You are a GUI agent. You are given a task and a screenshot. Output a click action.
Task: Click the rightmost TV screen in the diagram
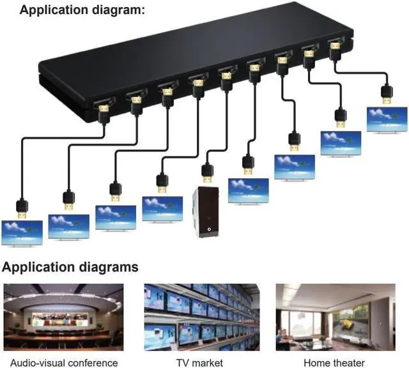387,119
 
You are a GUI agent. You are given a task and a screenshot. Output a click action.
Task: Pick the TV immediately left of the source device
162,208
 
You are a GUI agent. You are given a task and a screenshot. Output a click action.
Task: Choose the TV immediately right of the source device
249,190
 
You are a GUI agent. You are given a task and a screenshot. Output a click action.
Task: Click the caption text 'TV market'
199,362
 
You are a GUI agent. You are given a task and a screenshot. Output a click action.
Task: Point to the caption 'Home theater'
334,362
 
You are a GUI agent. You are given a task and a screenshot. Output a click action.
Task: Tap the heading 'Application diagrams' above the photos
70,266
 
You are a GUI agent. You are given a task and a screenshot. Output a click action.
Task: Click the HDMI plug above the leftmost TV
22,206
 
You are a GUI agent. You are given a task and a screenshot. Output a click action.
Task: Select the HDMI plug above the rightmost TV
387,93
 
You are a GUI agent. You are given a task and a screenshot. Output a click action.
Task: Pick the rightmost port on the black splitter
334,47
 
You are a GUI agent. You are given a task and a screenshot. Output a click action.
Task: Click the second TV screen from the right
340,142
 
